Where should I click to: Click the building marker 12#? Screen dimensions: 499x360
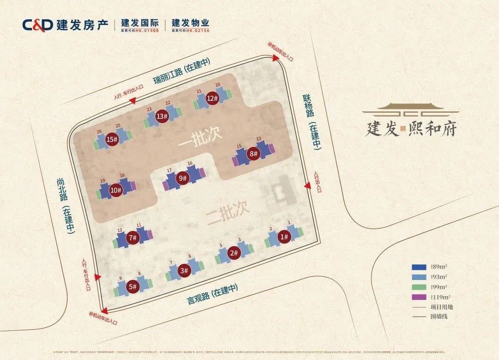(x=212, y=98)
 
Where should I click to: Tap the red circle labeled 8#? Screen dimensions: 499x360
(x=253, y=154)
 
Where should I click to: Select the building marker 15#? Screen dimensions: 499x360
(x=112, y=140)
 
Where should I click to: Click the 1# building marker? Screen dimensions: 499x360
(x=284, y=237)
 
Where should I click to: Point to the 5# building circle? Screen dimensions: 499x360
(x=133, y=287)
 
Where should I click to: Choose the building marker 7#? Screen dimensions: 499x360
(x=133, y=238)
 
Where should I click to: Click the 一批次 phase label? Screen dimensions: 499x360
(x=201, y=137)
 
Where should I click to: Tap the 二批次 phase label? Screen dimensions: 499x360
(x=228, y=212)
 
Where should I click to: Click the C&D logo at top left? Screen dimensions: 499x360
(x=37, y=24)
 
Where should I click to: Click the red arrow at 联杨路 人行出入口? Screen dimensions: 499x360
(x=307, y=185)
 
